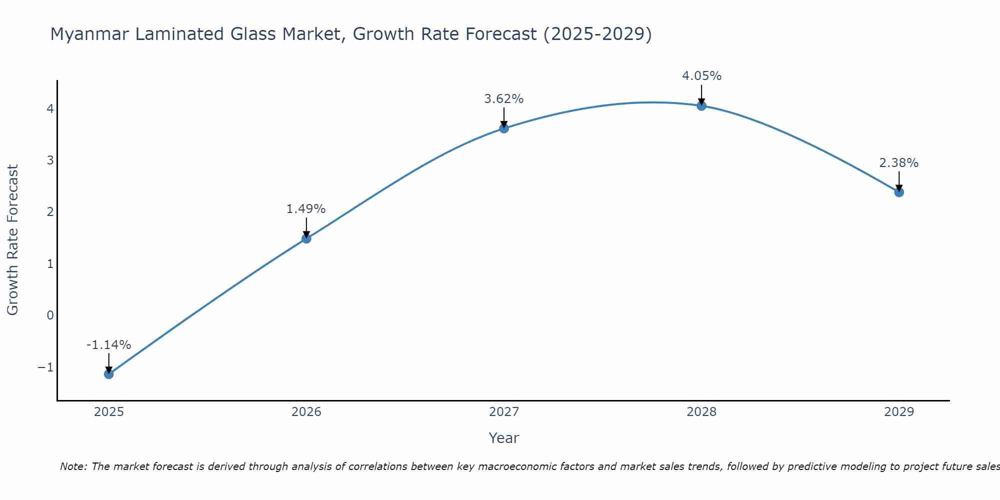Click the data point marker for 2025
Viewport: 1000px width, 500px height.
point(109,374)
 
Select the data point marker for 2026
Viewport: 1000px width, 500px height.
point(306,238)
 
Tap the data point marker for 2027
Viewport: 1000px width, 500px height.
point(504,128)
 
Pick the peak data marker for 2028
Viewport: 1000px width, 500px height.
point(701,106)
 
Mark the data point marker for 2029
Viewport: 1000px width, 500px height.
point(899,192)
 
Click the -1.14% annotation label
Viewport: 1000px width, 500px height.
point(108,345)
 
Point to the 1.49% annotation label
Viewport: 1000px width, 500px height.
point(306,209)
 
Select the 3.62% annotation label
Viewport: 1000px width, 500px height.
point(504,99)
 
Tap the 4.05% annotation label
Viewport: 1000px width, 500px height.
point(701,76)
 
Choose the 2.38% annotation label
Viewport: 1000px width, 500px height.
point(899,163)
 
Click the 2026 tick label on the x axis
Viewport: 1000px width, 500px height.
point(306,412)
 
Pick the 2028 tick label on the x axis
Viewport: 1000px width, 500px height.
point(701,412)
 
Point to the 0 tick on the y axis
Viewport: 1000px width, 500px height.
point(50,315)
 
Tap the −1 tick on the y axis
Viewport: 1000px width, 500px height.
point(45,367)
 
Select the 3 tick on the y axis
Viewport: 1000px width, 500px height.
point(50,160)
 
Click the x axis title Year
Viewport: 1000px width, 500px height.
point(504,438)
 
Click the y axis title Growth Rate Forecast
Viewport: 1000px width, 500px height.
point(12,240)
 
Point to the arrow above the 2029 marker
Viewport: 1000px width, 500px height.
point(899,181)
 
